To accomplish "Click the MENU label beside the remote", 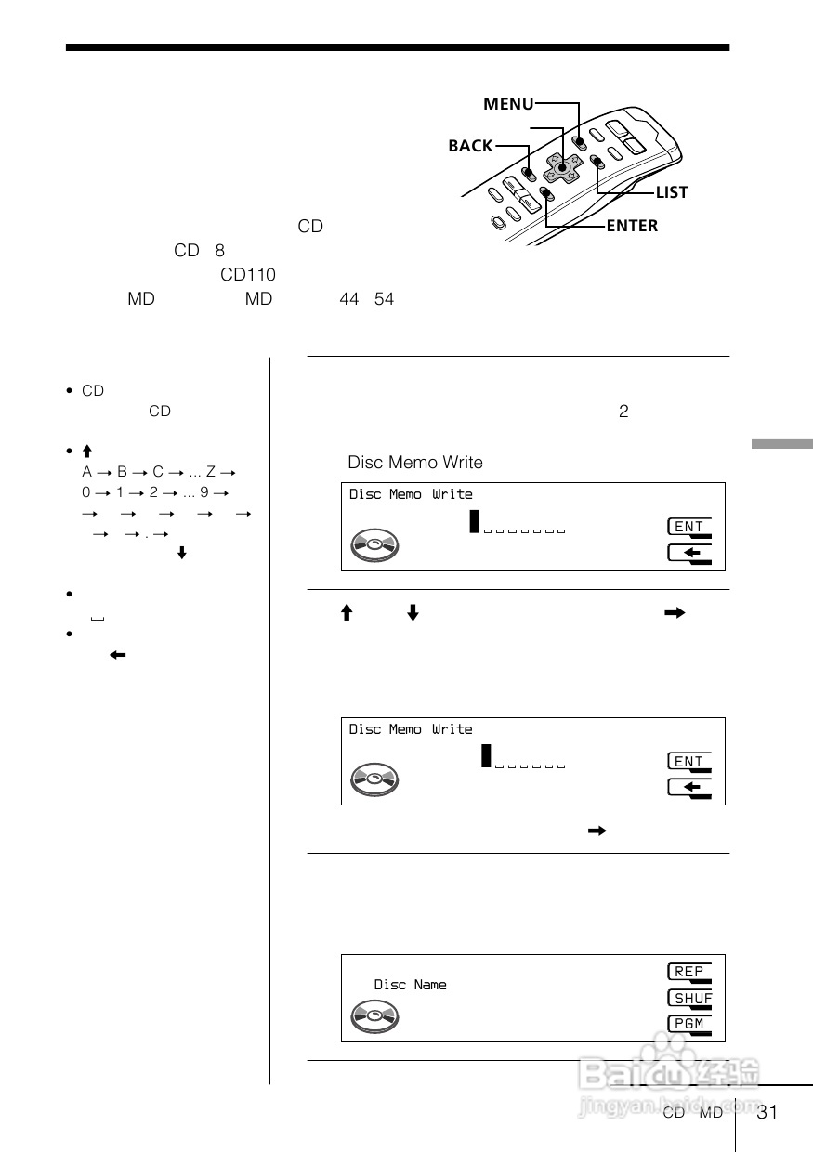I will click(507, 105).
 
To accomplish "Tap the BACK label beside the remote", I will click(470, 146).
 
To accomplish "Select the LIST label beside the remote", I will click(671, 192).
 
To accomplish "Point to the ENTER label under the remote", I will click(631, 226).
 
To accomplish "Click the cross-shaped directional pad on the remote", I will click(562, 168).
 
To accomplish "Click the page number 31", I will click(767, 1113).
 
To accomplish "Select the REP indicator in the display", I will click(689, 972).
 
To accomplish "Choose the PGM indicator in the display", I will click(689, 1024).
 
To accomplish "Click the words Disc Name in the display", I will click(410, 985).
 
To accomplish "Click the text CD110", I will click(247, 275).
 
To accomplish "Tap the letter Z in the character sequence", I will click(211, 472).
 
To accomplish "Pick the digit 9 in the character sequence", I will click(203, 492).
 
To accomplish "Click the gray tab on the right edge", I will click(781, 443).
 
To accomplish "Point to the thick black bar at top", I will click(398, 47).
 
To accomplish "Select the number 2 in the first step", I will click(623, 412).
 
